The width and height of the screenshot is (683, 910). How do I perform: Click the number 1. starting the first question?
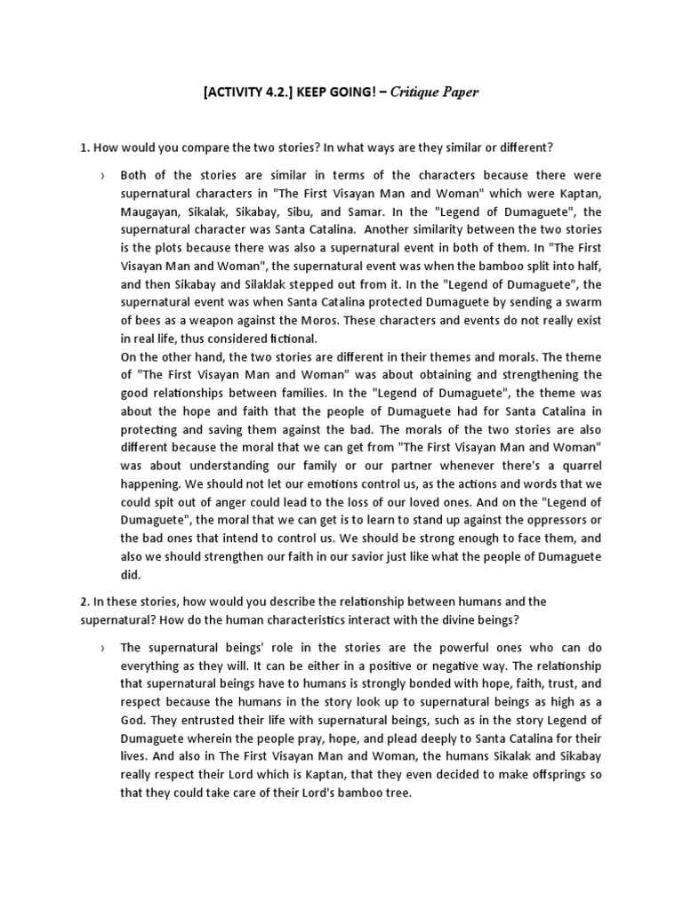click(x=84, y=146)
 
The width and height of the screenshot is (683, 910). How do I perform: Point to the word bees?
click(x=144, y=320)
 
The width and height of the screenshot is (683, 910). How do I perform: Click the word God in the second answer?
click(x=133, y=719)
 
